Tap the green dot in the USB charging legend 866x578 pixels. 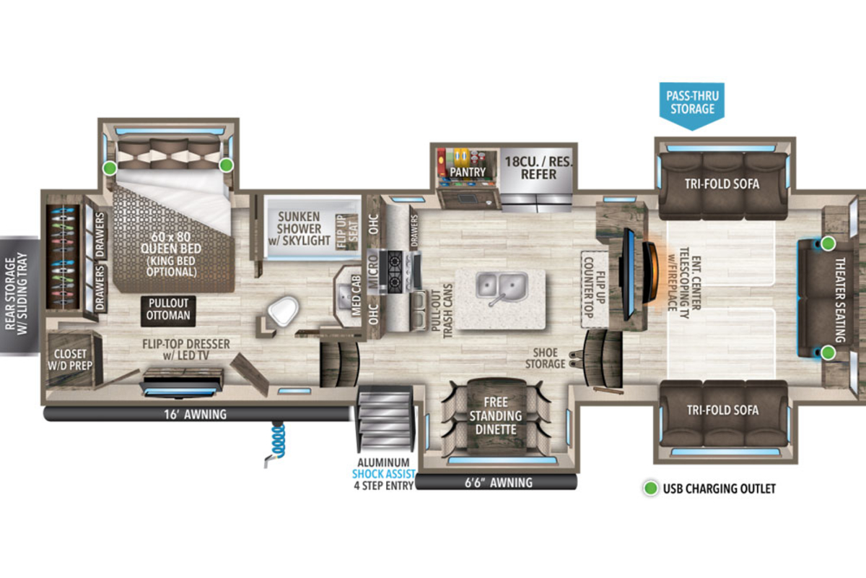[x=651, y=488]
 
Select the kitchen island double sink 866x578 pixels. [x=502, y=288]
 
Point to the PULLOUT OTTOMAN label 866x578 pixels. [x=168, y=309]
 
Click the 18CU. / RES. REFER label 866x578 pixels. [x=538, y=168]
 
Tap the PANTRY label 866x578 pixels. [x=468, y=172]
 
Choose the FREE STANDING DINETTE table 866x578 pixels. [x=496, y=415]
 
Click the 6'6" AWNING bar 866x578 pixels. [x=497, y=483]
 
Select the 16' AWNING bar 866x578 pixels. [x=197, y=414]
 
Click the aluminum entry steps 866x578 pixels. [x=385, y=419]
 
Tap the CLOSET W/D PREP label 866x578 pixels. [x=70, y=360]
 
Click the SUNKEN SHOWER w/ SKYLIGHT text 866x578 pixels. [x=299, y=228]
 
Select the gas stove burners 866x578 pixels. [x=395, y=272]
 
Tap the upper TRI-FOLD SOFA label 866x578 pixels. [x=722, y=184]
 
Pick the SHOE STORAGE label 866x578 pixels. [x=545, y=358]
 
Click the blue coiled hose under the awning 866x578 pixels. [x=279, y=440]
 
